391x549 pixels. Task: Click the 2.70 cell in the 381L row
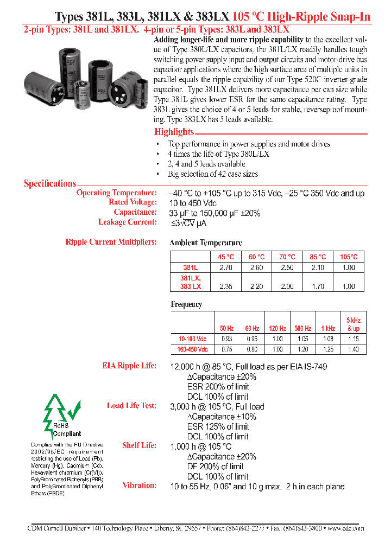[226, 267]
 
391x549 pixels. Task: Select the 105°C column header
[349, 257]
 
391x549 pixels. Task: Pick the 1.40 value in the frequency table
[354, 349]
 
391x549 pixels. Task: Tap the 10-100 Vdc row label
[193, 339]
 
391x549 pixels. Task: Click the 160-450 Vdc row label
[193, 349]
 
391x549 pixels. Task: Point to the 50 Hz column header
[227, 328]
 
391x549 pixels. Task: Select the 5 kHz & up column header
[354, 324]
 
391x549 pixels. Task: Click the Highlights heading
[174, 132]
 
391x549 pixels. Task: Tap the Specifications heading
[50, 183]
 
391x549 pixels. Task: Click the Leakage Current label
[127, 222]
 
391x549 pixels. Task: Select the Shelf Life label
[139, 445]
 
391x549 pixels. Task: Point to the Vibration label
[140, 486]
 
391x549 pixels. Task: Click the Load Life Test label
[131, 406]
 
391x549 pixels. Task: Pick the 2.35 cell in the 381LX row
[226, 286]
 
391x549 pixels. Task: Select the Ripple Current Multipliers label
[111, 242]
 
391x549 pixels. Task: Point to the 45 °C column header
[226, 257]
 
